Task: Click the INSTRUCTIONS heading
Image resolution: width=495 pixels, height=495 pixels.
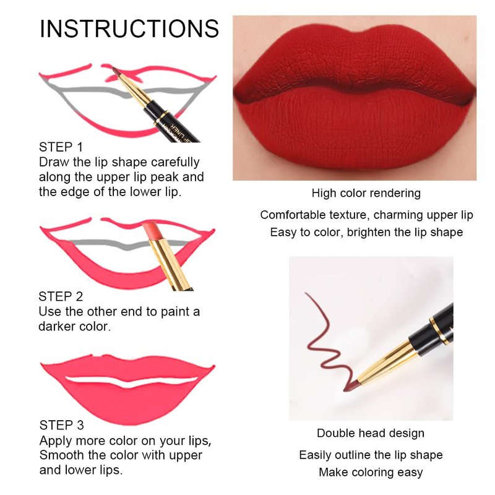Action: [x=129, y=28]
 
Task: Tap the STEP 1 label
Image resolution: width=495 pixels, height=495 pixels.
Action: [x=61, y=147]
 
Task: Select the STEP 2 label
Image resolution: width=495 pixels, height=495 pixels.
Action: [x=61, y=296]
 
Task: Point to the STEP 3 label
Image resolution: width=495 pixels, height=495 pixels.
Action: [x=61, y=425]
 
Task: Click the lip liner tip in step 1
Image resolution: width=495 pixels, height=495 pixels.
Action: [x=115, y=71]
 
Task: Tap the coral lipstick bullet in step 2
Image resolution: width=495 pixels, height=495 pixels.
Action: [x=150, y=231]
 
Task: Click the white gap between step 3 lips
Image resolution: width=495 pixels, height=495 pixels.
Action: [x=131, y=381]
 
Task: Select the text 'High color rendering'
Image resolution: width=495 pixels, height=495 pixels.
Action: [x=366, y=193]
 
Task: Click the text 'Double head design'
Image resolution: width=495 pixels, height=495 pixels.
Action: [x=371, y=433]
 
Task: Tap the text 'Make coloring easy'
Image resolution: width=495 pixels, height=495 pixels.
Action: [x=371, y=472]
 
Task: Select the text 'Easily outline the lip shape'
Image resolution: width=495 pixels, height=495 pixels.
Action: [x=371, y=455]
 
